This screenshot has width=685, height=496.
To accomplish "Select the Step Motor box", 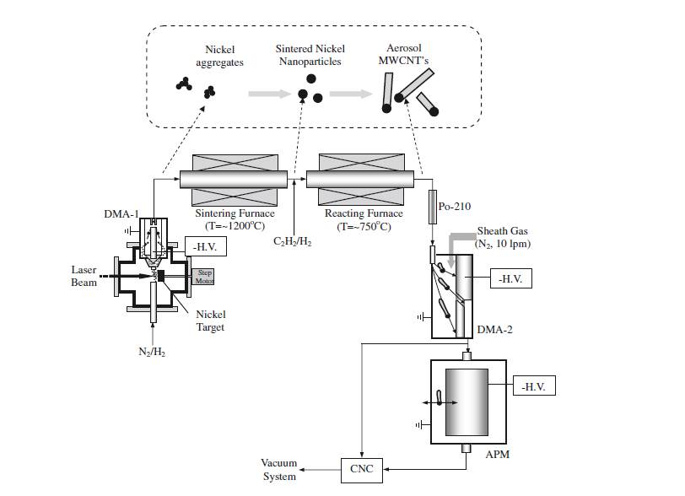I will (205, 275).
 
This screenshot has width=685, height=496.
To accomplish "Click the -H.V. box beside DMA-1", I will (205, 247).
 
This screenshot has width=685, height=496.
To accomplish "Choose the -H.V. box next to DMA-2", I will (511, 278).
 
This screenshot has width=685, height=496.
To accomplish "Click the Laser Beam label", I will (84, 276).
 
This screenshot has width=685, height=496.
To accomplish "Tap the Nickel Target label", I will (210, 321).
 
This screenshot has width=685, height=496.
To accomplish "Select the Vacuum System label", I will (279, 471).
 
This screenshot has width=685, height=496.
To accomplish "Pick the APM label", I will (498, 455).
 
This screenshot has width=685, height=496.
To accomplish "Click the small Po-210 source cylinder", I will (433, 204).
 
